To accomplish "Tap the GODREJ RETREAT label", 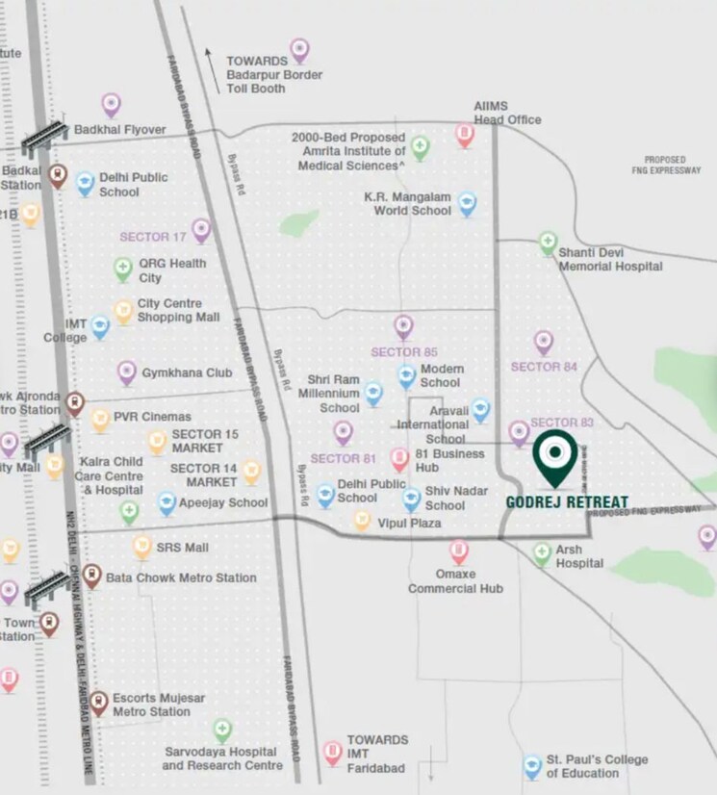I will (567, 502).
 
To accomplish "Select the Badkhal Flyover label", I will (120, 130).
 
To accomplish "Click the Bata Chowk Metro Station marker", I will (91, 576).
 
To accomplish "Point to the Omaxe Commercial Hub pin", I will (459, 551).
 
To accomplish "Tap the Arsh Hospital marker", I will (542, 552).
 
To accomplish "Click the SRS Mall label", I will (184, 548).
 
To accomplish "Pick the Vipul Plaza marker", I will (362, 521).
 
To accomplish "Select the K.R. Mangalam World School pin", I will (467, 203).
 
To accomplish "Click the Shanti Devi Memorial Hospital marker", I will (548, 243).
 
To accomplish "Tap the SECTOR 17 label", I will (153, 236).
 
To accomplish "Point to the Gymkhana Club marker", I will (127, 372).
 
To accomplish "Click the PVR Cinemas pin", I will (101, 420).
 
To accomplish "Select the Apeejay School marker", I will (166, 503).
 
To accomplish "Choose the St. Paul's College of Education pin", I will (532, 766).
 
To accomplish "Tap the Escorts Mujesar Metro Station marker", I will (98, 702).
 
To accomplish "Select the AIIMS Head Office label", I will (506, 113).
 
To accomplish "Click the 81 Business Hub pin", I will (399, 460).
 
